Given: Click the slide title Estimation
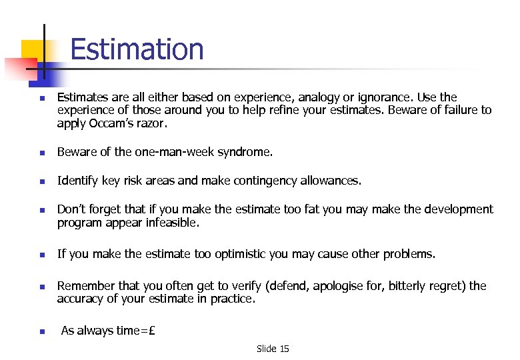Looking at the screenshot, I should coord(136,49).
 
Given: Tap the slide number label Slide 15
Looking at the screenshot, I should coord(273,349).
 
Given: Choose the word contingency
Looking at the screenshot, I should coord(257,181).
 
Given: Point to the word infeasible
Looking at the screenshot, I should coord(171,223).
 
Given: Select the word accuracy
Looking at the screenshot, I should coord(81,299).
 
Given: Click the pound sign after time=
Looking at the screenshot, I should coord(151,331).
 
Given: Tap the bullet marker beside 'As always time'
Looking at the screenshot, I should coord(41,331).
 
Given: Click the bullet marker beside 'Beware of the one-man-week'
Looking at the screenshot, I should coord(41,153).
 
